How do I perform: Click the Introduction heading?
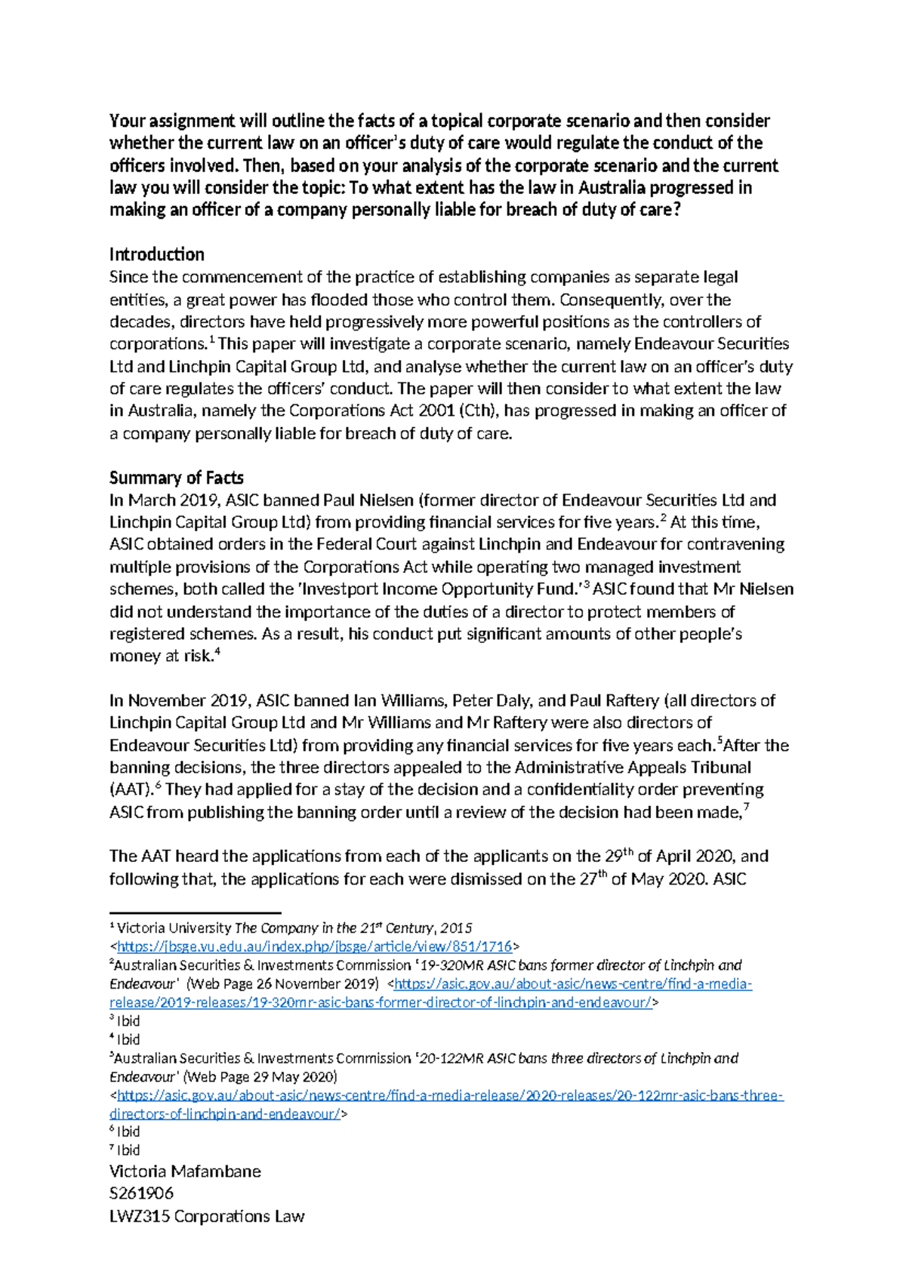click(x=156, y=254)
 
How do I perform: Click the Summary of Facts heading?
click(x=176, y=478)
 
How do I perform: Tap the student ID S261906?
click(x=141, y=1193)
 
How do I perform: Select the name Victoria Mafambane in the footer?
click(x=185, y=1171)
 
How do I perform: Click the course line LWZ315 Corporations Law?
click(x=207, y=1216)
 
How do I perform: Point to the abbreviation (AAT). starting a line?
click(x=131, y=790)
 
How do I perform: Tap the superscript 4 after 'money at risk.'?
click(x=217, y=652)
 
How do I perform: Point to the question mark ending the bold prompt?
click(x=676, y=210)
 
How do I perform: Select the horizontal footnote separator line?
click(x=195, y=912)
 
